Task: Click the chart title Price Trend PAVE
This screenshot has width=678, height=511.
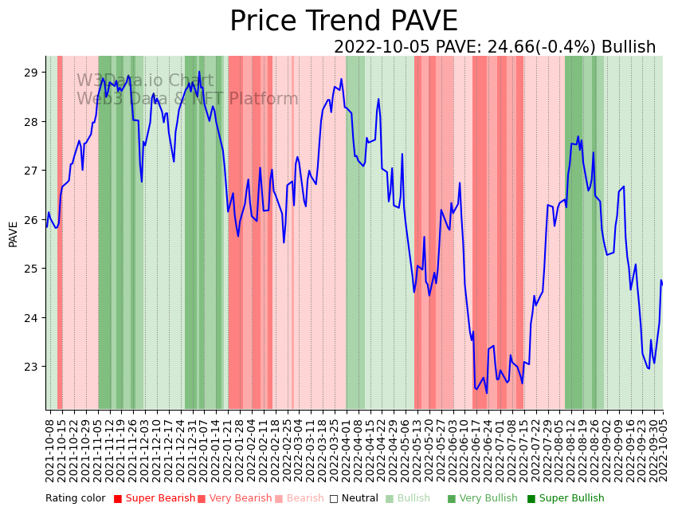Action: pos(343,22)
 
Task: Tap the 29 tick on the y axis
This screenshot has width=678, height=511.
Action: pos(32,73)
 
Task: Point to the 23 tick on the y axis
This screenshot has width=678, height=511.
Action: pos(32,367)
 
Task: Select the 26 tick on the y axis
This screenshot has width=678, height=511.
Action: pos(32,220)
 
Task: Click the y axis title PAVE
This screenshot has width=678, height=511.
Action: pos(14,234)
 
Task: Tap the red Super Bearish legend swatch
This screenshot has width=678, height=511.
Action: pos(118,499)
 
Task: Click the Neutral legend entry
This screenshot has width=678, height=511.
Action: pos(355,499)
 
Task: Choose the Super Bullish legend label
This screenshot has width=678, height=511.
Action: pos(571,499)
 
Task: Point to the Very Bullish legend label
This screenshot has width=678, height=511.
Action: pos(488,499)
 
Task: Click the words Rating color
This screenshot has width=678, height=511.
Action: pos(75,499)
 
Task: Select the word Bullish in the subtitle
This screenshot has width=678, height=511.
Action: pos(629,47)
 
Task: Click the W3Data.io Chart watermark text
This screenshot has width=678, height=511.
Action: pos(145,81)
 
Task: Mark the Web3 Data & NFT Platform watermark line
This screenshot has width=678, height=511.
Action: pos(187,99)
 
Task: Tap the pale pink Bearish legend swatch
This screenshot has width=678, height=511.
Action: pos(279,499)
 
